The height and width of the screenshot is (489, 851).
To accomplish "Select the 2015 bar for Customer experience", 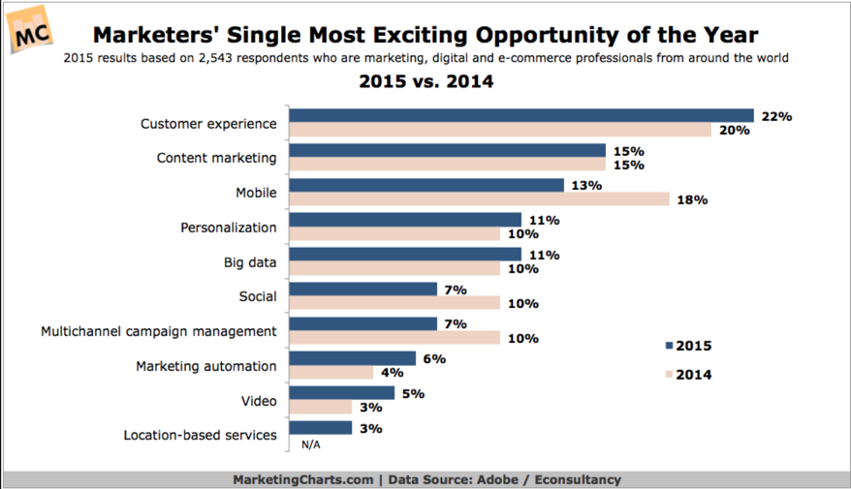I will pos(521,116).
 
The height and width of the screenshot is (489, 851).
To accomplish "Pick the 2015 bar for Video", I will pos(342,393).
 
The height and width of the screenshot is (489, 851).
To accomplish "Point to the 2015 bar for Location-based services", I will pos(321,428).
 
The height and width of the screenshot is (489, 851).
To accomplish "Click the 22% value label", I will pos(776,116).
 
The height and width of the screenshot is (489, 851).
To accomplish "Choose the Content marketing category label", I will pos(216,158).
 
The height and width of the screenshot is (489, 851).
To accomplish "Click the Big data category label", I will pos(244,261).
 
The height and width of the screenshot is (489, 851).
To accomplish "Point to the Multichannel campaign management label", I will pos(158,331).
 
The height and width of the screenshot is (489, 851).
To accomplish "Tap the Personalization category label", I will pos(228,228).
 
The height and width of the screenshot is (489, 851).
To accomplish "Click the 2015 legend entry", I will pos(689,346).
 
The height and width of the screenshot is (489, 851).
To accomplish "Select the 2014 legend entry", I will pos(689,374).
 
